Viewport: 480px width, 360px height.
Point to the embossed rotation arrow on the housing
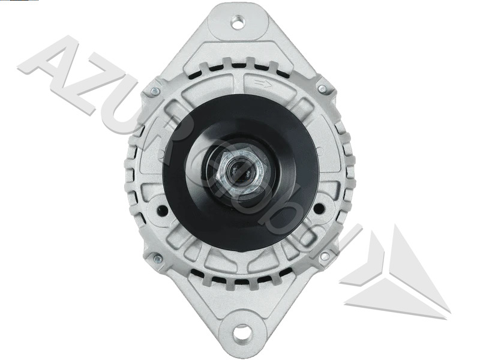[263, 83]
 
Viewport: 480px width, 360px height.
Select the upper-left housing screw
[155, 91]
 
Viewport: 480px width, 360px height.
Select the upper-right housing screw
[322, 89]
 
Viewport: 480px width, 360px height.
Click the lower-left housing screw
[157, 259]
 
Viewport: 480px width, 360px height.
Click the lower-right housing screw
[325, 256]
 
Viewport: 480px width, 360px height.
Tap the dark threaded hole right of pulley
[319, 209]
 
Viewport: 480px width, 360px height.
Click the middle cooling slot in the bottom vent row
[242, 282]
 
